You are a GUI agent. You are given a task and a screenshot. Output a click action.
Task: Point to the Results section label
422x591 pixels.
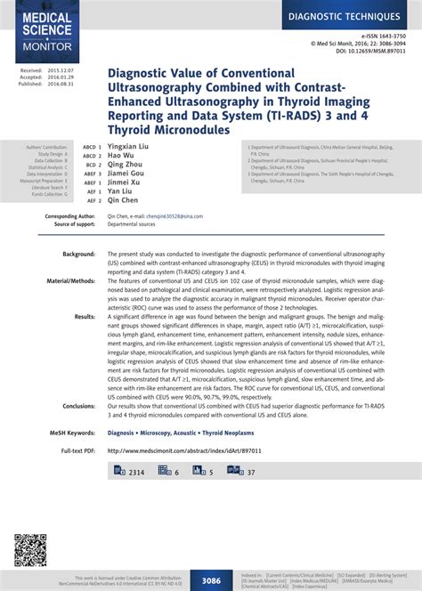pyautogui.click(x=85, y=316)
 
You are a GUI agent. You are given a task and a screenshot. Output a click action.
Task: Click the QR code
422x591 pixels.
pyautogui.click(x=29, y=551)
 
